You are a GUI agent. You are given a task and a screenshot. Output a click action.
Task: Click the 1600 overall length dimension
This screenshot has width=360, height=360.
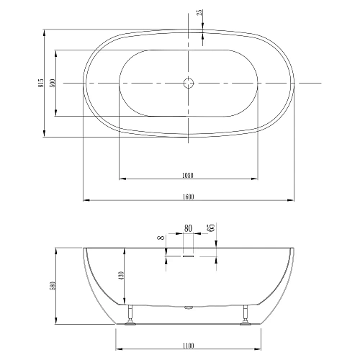[x=189, y=196]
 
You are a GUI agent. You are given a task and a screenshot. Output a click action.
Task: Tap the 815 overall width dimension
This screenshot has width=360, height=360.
[x=41, y=83]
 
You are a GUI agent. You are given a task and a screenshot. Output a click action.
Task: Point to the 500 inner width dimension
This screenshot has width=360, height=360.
[x=53, y=83]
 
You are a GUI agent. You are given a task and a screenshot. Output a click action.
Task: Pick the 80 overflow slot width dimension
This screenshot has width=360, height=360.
[x=189, y=228]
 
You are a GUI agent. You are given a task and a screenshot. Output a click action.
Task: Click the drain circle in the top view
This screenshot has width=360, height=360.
[x=189, y=83]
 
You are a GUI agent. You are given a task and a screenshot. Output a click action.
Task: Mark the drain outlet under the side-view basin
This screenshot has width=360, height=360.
[x=189, y=308]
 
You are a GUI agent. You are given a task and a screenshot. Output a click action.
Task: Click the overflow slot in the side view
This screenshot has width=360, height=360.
[x=189, y=253]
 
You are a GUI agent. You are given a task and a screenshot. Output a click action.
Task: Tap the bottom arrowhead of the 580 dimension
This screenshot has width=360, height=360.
[x=58, y=323]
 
